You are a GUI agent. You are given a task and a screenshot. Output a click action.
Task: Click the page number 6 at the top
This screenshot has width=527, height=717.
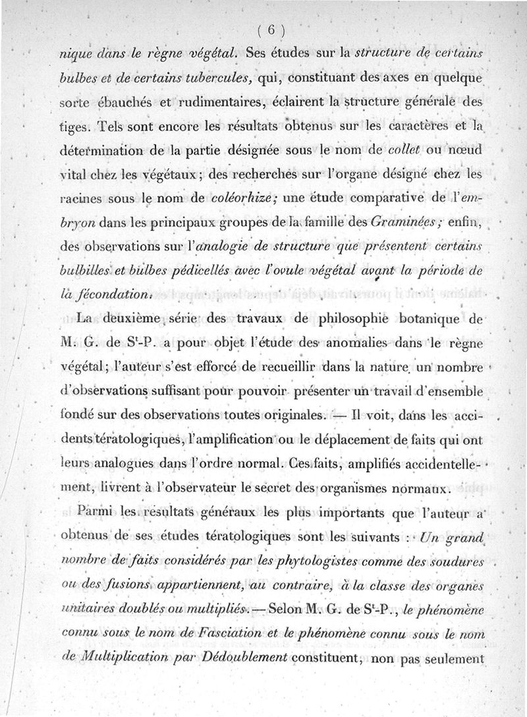(269, 30)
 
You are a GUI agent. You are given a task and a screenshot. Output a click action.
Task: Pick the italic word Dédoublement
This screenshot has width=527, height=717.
(252, 658)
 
